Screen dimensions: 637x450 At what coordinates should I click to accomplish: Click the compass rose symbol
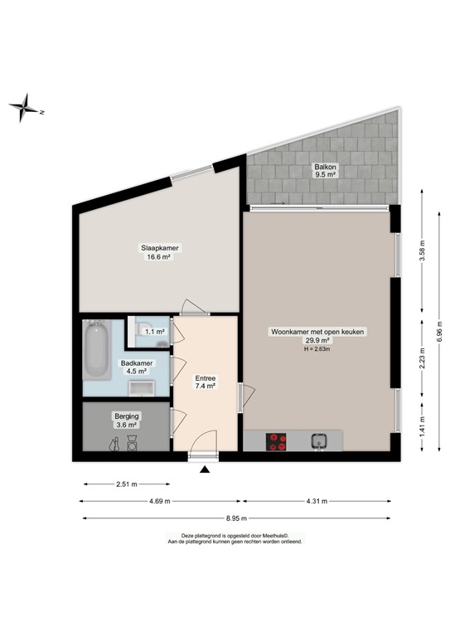pos(27,109)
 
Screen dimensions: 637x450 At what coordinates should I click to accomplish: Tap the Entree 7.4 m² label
pos(205,382)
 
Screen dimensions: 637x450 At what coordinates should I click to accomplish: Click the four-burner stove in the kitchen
pos(276,442)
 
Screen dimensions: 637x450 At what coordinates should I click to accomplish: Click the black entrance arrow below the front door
pos(205,470)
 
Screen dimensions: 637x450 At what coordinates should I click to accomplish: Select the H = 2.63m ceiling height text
pos(317,348)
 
